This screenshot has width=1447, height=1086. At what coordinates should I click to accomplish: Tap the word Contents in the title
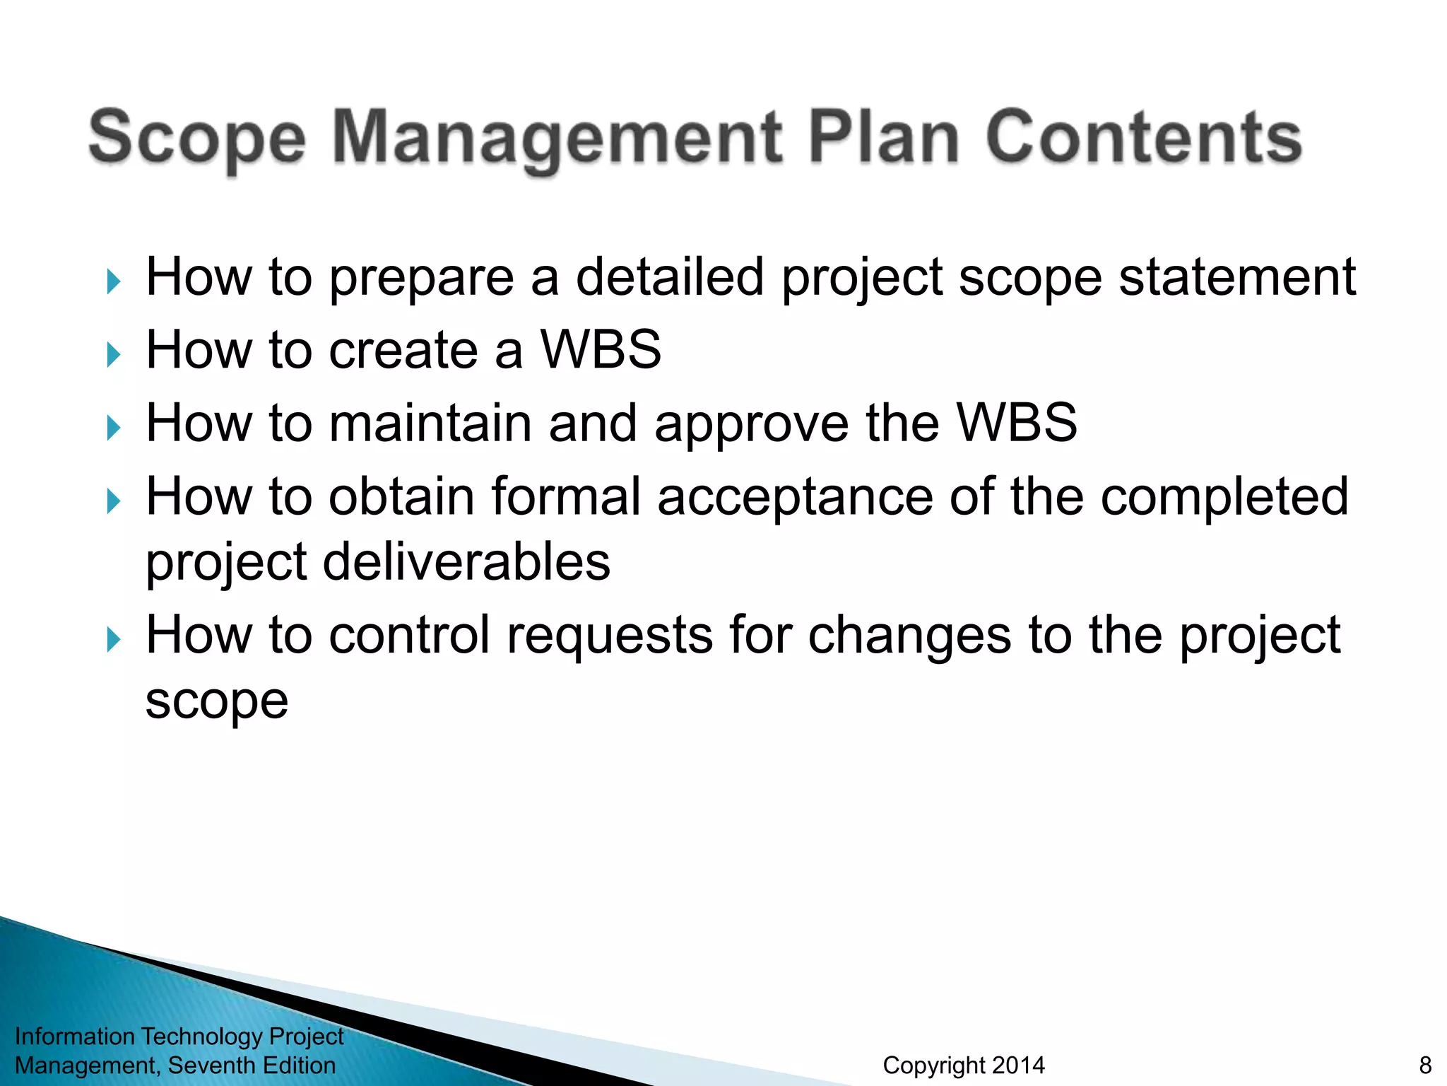(x=1143, y=138)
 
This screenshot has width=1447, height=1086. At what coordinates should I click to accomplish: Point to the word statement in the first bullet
(x=1237, y=277)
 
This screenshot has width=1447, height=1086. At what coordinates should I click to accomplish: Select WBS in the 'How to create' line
(x=601, y=350)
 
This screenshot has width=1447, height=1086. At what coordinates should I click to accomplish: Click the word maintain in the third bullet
(x=430, y=424)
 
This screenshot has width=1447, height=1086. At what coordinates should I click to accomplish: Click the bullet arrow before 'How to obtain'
(x=113, y=501)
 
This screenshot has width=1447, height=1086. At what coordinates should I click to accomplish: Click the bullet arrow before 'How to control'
(x=113, y=640)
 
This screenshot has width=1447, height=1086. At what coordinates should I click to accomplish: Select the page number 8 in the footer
(x=1425, y=1065)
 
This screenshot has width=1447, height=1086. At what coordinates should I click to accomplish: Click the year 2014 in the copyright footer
(x=1017, y=1065)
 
